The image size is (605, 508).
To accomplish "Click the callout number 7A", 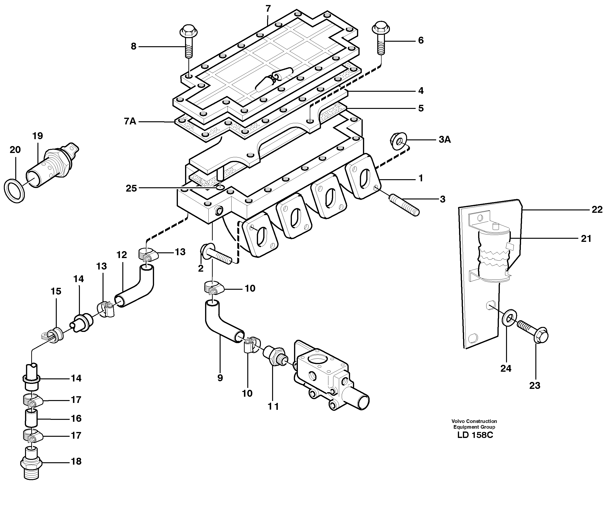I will [130, 121].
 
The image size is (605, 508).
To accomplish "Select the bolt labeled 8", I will [188, 42].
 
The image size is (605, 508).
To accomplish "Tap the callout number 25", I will [131, 188].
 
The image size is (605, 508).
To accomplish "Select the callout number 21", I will [586, 239].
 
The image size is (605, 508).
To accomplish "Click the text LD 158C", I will [475, 435].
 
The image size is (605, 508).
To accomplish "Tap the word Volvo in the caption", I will [458, 421].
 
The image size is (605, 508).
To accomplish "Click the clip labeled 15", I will [54, 334].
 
